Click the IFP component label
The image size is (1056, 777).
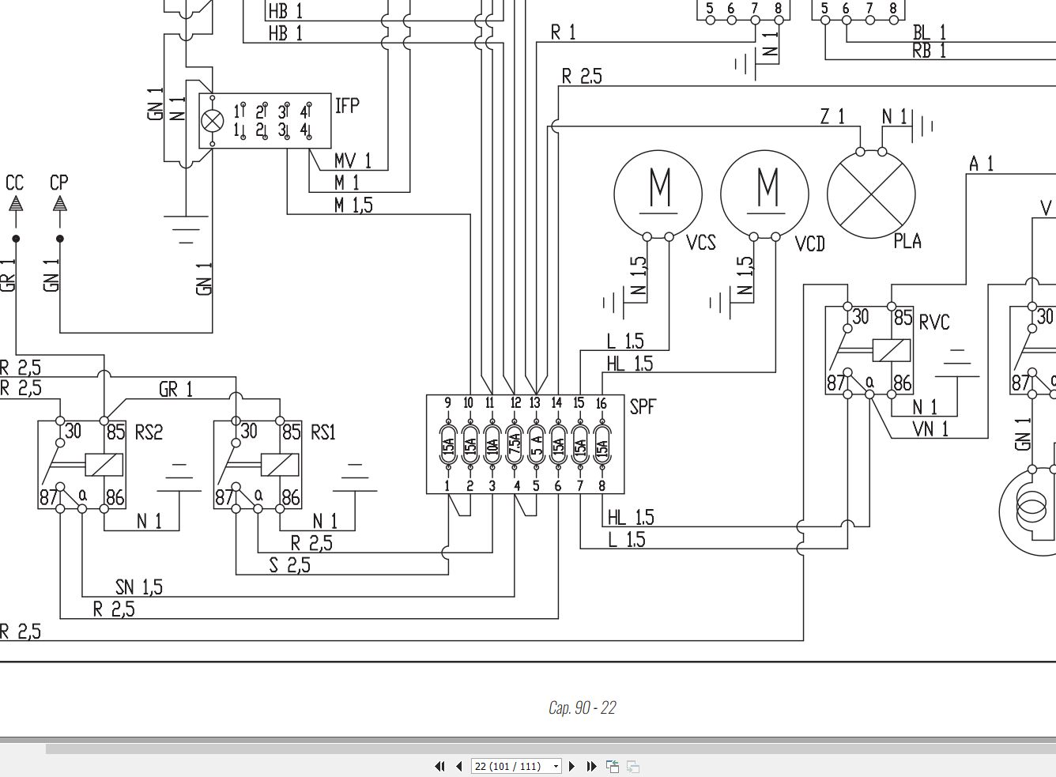pos(347,106)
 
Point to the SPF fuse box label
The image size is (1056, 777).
pos(643,406)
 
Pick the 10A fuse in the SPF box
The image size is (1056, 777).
pos(492,446)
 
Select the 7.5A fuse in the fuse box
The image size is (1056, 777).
pos(515,446)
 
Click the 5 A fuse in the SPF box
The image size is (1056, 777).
pos(536,446)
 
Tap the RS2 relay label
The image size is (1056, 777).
pos(149,432)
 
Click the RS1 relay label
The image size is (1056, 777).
pos(323,432)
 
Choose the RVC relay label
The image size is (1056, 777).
pos(934,322)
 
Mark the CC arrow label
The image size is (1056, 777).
pos(14,183)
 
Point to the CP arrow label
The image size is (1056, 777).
pos(59,183)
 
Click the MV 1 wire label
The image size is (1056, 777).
pos(353,160)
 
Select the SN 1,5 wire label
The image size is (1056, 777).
pos(139,587)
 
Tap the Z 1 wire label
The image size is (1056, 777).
pos(832,116)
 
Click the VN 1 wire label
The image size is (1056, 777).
pos(930,429)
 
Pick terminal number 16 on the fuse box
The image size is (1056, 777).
pos(601,404)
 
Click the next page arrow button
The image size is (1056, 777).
pos(571,766)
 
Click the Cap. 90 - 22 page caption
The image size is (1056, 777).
pos(583,707)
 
